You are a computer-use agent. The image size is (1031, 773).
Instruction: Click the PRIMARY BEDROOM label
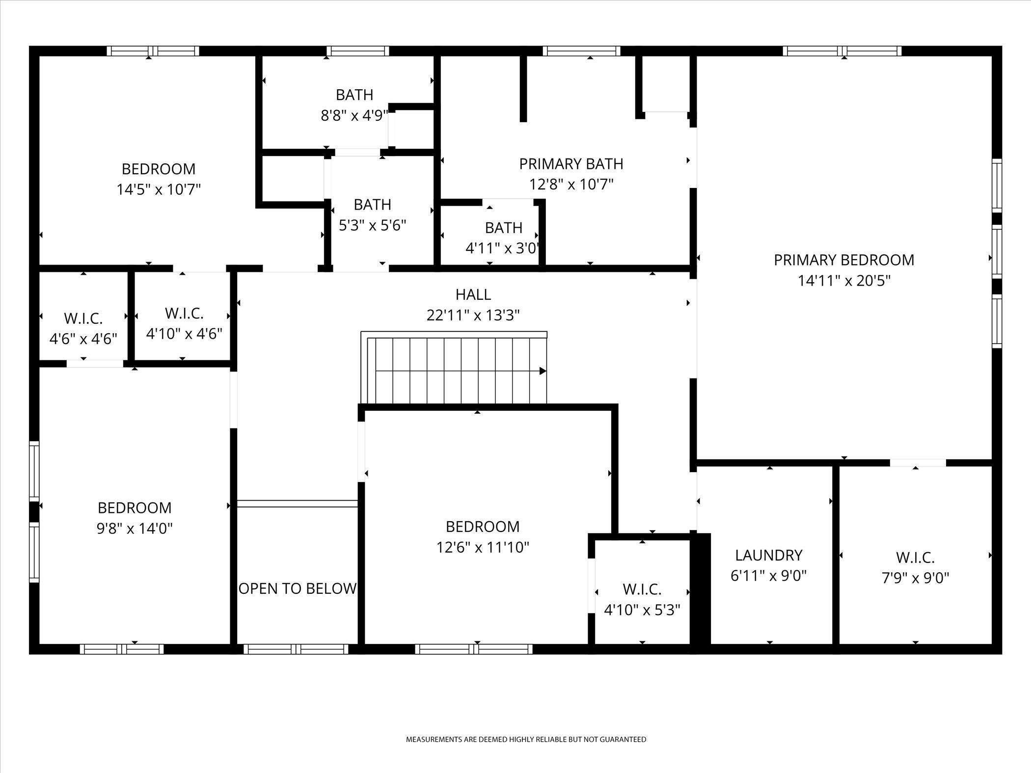pyautogui.click(x=844, y=260)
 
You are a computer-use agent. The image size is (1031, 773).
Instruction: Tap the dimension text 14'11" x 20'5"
pyautogui.click(x=844, y=281)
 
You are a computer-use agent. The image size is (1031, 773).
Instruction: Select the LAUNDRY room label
pyautogui.click(x=769, y=555)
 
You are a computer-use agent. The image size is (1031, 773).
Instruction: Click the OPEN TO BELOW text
pyautogui.click(x=298, y=588)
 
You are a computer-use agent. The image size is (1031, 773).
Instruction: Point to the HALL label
pyautogui.click(x=473, y=294)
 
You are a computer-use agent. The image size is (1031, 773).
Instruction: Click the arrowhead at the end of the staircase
pyautogui.click(x=543, y=371)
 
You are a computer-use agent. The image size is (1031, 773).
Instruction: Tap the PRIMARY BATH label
pyautogui.click(x=571, y=164)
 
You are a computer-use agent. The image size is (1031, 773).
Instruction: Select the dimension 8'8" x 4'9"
pyautogui.click(x=354, y=116)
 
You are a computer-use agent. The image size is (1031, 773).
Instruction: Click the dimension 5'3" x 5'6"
pyautogui.click(x=373, y=225)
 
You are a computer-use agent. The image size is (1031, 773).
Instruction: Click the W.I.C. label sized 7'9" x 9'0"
pyautogui.click(x=915, y=558)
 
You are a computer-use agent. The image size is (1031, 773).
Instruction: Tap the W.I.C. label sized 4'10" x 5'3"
pyautogui.click(x=642, y=589)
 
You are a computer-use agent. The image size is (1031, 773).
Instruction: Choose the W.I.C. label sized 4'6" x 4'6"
pyautogui.click(x=83, y=319)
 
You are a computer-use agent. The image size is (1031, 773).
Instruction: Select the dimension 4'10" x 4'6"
pyautogui.click(x=184, y=334)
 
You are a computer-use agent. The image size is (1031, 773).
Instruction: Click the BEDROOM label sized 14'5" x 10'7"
pyautogui.click(x=159, y=169)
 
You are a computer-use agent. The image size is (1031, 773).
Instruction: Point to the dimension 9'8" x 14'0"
pyautogui.click(x=135, y=529)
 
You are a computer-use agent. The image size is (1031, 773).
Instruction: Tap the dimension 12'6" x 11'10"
pyautogui.click(x=483, y=547)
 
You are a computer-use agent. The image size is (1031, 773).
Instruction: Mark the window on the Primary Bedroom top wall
pyautogui.click(x=842, y=51)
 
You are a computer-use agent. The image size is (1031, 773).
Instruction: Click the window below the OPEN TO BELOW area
pyautogui.click(x=296, y=649)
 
